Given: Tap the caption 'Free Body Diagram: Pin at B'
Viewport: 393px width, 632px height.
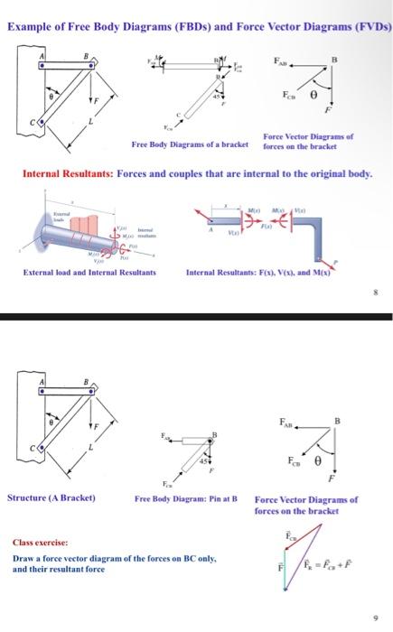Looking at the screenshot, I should (x=185, y=498).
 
